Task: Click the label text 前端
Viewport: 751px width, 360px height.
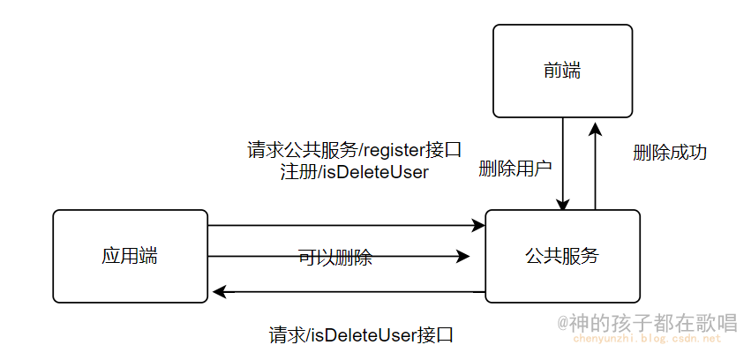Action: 562,71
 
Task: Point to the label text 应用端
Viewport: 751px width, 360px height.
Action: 130,257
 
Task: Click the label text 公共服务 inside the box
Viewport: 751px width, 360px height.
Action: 562,257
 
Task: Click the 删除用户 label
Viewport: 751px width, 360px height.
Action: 514,169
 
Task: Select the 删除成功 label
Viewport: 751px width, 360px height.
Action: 670,152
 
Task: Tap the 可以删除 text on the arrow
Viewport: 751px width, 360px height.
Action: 335,258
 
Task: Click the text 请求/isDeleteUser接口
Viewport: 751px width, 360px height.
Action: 361,335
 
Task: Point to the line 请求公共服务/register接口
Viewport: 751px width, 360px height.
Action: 354,150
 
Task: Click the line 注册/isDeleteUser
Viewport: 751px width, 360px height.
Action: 354,172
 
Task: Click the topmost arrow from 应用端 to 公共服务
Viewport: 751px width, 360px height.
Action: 344,226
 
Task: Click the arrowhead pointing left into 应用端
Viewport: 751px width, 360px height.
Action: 218,291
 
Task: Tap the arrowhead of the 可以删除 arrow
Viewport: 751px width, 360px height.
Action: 463,257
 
